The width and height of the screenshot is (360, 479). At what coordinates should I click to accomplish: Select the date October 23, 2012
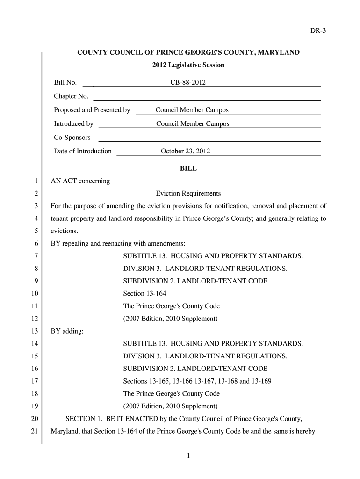pos(185,152)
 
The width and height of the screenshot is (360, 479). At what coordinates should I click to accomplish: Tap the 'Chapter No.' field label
pos(71,96)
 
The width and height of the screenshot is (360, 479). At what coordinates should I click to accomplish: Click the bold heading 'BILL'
pos(188,169)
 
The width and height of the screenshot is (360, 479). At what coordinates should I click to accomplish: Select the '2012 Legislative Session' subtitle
pos(188,65)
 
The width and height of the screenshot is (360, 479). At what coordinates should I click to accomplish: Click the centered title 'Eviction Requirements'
pos(188,194)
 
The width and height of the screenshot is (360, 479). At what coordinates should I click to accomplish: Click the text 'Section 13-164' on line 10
pos(144,294)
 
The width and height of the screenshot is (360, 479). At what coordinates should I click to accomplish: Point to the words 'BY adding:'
pos(67,332)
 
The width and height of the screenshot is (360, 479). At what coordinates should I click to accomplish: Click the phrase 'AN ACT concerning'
pos(80,181)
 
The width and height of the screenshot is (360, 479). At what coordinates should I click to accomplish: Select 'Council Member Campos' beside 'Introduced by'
pos(193,124)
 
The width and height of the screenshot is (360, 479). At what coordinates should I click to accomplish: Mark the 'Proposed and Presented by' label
pos(92,110)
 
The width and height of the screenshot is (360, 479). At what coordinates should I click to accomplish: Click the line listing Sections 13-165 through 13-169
pos(197,381)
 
